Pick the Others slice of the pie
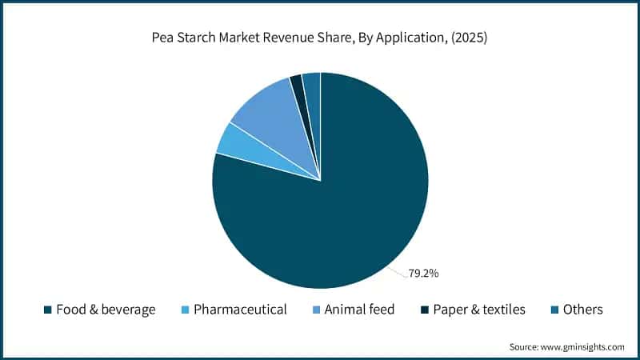[313, 90]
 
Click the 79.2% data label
[423, 274]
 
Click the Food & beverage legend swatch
[48, 310]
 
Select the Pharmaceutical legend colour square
[186, 310]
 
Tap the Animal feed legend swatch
[316, 310]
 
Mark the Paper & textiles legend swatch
[425, 310]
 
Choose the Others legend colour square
[554, 310]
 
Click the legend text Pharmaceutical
[241, 310]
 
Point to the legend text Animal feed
[359, 310]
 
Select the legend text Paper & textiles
[479, 310]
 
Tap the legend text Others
[583, 310]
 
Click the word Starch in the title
[196, 38]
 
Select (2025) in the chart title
[469, 38]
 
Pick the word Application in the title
[410, 38]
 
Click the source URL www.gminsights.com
[582, 347]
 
